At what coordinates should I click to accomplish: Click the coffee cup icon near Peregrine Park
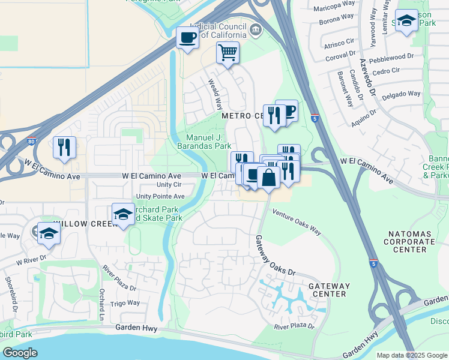coord(187,38)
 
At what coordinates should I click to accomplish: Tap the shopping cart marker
coord(228,53)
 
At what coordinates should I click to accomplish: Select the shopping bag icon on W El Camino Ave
coord(268,176)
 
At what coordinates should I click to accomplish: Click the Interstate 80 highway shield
coord(32,143)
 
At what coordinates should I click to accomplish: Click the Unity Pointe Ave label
coord(160,196)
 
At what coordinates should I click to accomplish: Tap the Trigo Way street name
coord(124,303)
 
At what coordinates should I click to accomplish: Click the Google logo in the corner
coord(20,353)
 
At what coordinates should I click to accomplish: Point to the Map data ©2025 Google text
coord(411,355)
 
